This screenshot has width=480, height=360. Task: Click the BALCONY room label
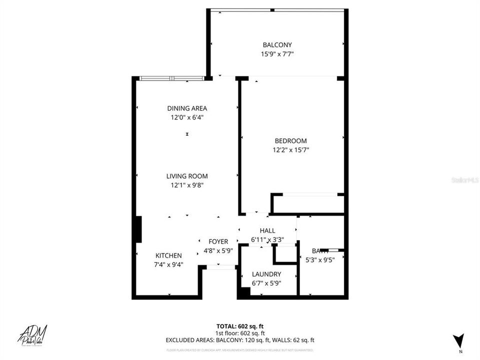coord(277,45)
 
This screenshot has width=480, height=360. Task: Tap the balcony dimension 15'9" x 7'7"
coord(277,54)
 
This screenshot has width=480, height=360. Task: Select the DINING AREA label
coord(187,108)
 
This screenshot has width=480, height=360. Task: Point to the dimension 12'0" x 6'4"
coord(187,117)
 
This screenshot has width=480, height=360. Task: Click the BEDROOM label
coord(290,141)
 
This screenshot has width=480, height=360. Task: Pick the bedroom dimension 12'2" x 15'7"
coord(290,150)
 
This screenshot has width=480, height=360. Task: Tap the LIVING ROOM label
coord(187,176)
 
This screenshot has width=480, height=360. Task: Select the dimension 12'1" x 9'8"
coord(187,185)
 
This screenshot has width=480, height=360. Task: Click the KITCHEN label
coord(168,255)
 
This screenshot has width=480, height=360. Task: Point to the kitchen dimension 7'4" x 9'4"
coord(168,264)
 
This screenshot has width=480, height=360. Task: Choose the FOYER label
coord(218,241)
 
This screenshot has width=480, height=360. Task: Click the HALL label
coord(267,230)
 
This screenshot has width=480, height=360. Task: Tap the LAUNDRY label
coord(266,274)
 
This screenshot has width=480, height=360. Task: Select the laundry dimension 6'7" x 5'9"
coord(266,283)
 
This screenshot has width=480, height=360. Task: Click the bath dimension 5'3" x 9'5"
coord(320,259)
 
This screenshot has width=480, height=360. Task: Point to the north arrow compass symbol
coord(459,341)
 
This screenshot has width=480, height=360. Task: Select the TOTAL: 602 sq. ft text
coord(240,325)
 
